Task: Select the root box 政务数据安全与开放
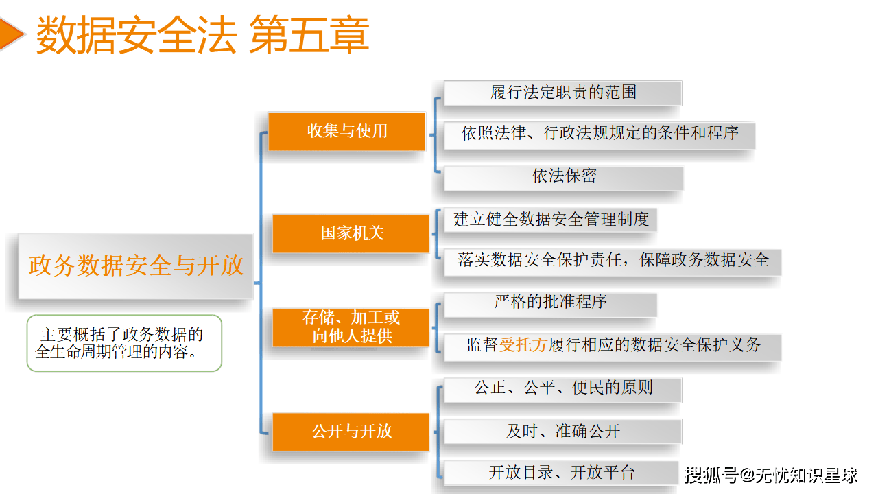click(136, 266)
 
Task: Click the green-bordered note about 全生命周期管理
click(124, 343)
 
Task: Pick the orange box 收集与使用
click(347, 131)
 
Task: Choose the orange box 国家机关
click(351, 233)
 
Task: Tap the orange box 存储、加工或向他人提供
click(351, 327)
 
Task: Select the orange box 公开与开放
click(351, 432)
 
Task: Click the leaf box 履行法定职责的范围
click(562, 93)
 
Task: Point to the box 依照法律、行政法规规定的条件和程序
click(600, 134)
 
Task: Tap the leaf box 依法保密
click(563, 177)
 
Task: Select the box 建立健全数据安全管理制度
click(551, 220)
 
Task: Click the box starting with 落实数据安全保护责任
click(613, 261)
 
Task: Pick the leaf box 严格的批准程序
click(550, 303)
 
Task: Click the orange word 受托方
click(523, 345)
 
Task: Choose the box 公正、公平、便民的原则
click(562, 388)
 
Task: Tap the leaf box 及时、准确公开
click(562, 432)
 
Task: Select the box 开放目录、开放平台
click(561, 473)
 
